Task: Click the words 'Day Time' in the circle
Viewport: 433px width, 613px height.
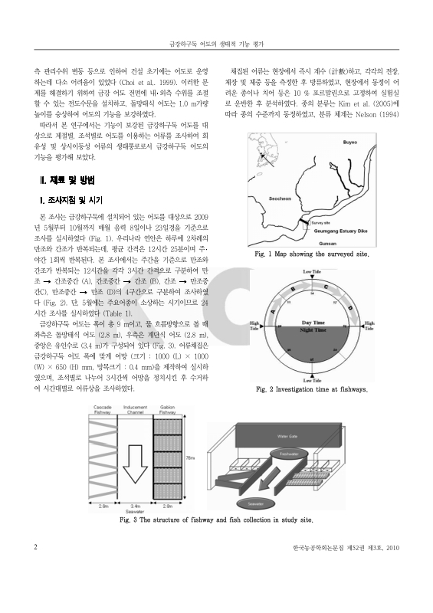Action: click(311, 323)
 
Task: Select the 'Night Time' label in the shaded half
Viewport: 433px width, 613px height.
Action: click(311, 331)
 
